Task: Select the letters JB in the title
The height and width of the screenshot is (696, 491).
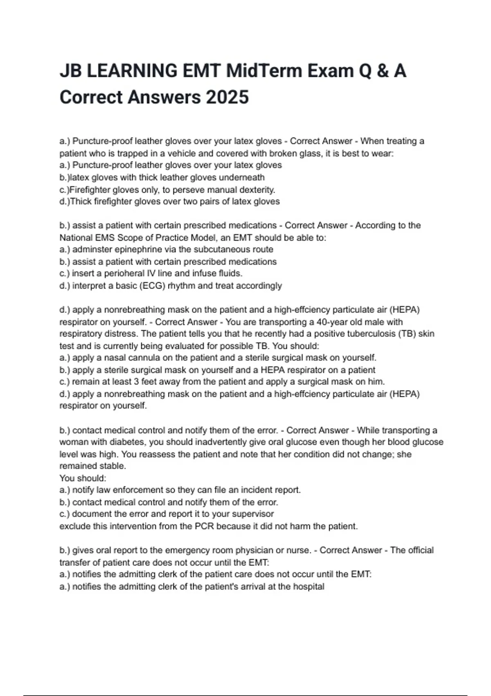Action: coord(71,71)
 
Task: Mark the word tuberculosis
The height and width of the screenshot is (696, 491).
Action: coord(371,334)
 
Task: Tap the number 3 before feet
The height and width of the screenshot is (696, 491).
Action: coord(136,382)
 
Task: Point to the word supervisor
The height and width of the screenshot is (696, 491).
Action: coord(253,514)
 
